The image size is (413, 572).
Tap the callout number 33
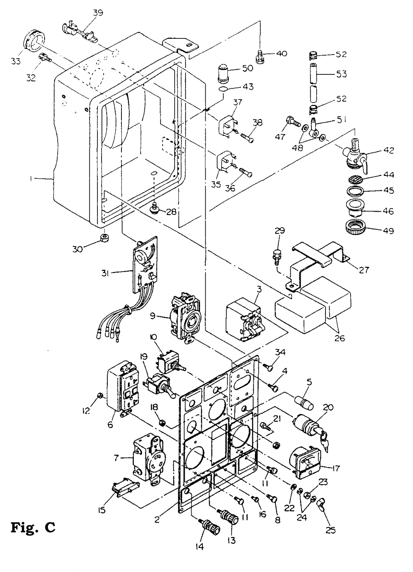point(16,61)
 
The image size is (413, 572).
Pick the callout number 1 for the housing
point(31,179)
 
